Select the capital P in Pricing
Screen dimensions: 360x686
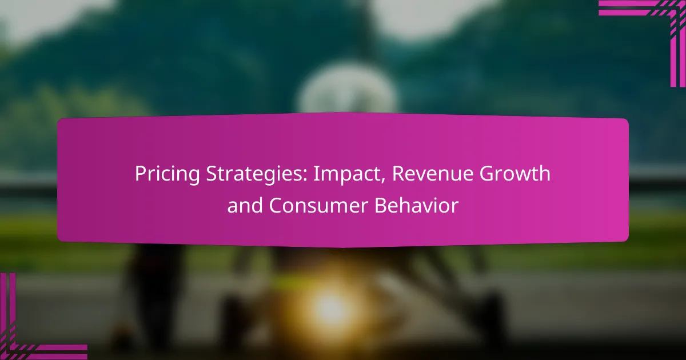pos(139,174)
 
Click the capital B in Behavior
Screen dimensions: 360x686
pos(381,206)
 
